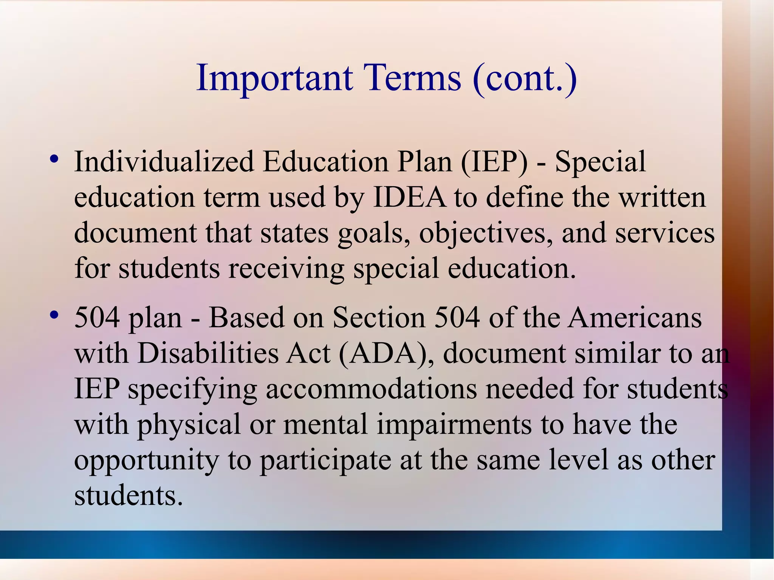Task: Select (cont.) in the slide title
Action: pyautogui.click(x=525, y=78)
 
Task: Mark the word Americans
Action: pyautogui.click(x=635, y=318)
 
